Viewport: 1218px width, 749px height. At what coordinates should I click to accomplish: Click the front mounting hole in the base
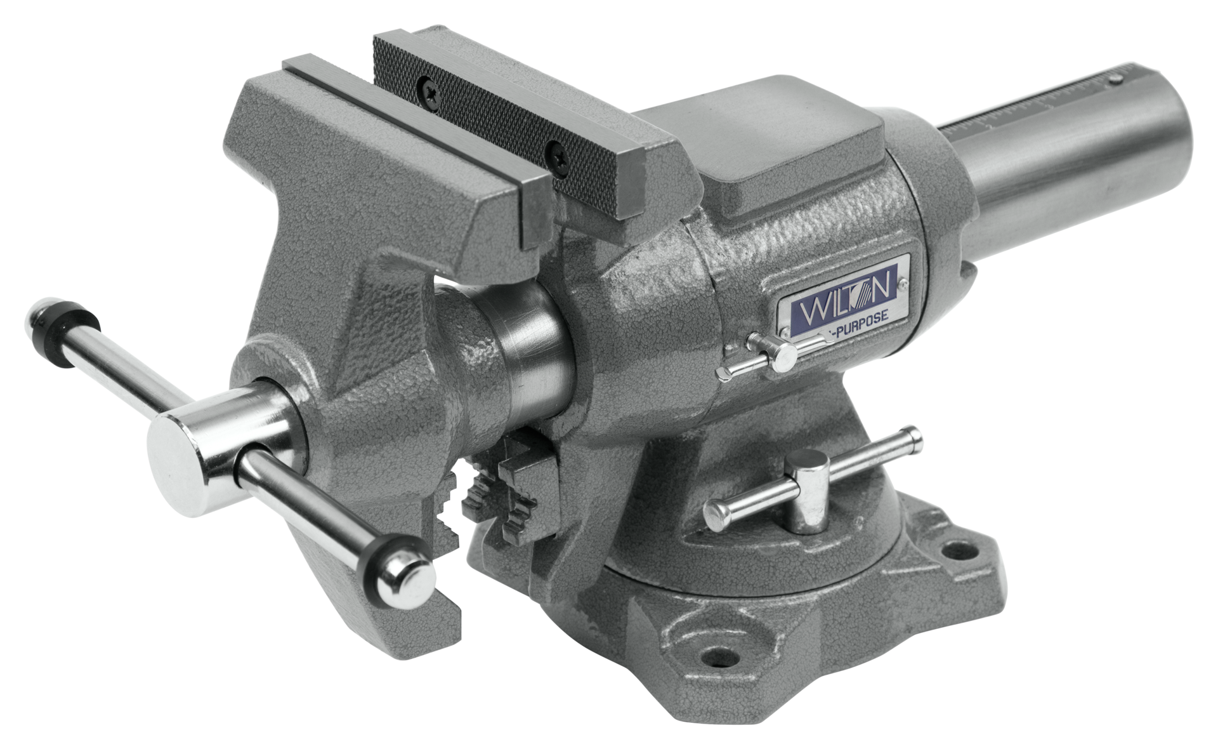coord(717,654)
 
